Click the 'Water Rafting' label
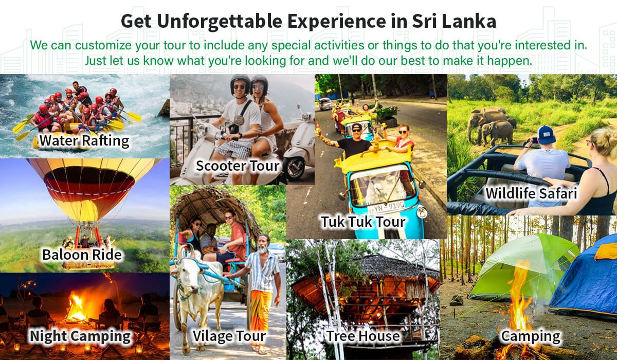pos(84,141)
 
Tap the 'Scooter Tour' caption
pos(238,166)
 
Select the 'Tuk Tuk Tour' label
pos(363,222)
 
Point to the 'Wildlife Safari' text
pos(531,193)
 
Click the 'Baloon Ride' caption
pos(82,255)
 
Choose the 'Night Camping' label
pos(80,336)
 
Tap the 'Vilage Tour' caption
pos(229,336)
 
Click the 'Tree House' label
pos(363,336)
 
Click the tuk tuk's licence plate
pos(387,207)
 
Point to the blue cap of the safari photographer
pos(547,135)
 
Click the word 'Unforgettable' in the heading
pos(220,21)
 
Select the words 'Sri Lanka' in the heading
pos(454,21)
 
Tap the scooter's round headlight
pos(202,130)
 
